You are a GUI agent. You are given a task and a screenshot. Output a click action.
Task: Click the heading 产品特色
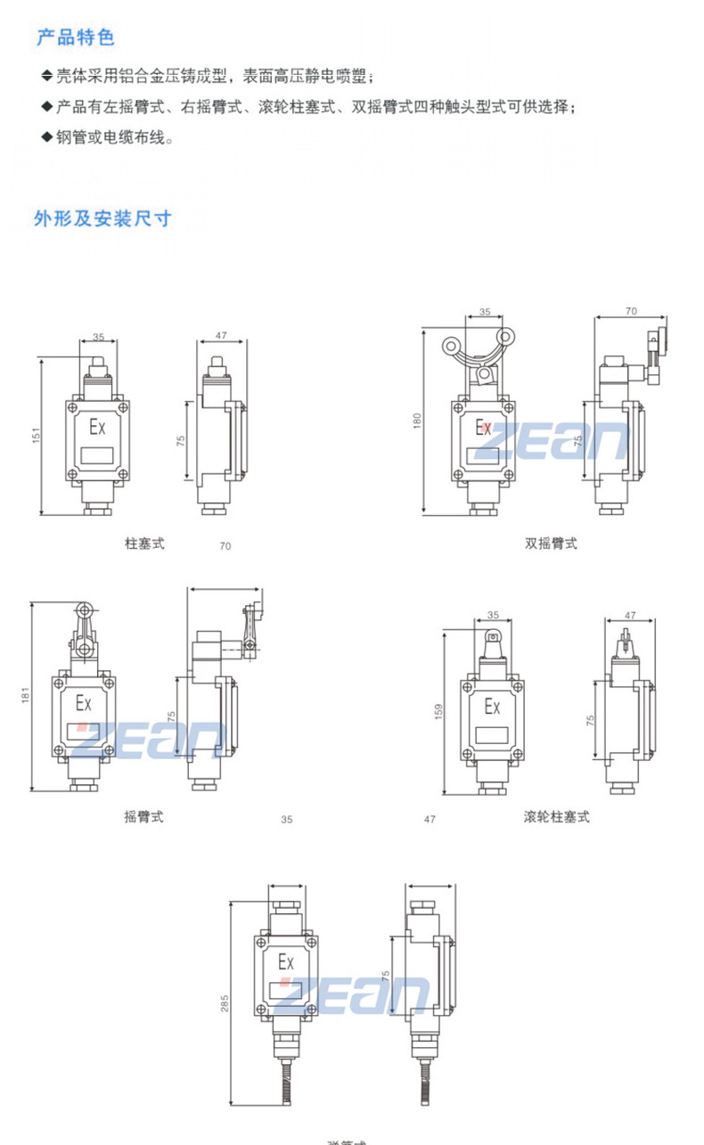(76, 37)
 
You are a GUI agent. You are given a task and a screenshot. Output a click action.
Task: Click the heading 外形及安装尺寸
(102, 218)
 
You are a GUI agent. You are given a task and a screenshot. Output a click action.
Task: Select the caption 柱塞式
(144, 542)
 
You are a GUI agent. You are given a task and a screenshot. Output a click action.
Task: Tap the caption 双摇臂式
(551, 543)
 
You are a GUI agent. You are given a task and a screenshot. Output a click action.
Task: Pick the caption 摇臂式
(143, 815)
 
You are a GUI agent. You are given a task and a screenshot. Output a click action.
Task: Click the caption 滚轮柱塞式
(556, 815)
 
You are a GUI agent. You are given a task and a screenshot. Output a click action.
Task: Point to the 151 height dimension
(37, 437)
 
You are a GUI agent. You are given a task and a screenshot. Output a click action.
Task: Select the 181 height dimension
(27, 692)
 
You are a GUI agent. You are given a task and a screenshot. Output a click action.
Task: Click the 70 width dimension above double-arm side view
(631, 312)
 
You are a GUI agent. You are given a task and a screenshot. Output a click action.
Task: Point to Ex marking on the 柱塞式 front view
(96, 428)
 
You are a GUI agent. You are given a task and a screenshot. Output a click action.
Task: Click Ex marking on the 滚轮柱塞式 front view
(491, 707)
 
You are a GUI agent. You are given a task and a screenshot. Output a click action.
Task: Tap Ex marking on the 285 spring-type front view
(286, 962)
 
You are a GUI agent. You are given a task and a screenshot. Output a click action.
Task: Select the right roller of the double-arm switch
(505, 338)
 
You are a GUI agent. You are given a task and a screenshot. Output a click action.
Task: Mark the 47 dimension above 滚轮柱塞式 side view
(630, 615)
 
